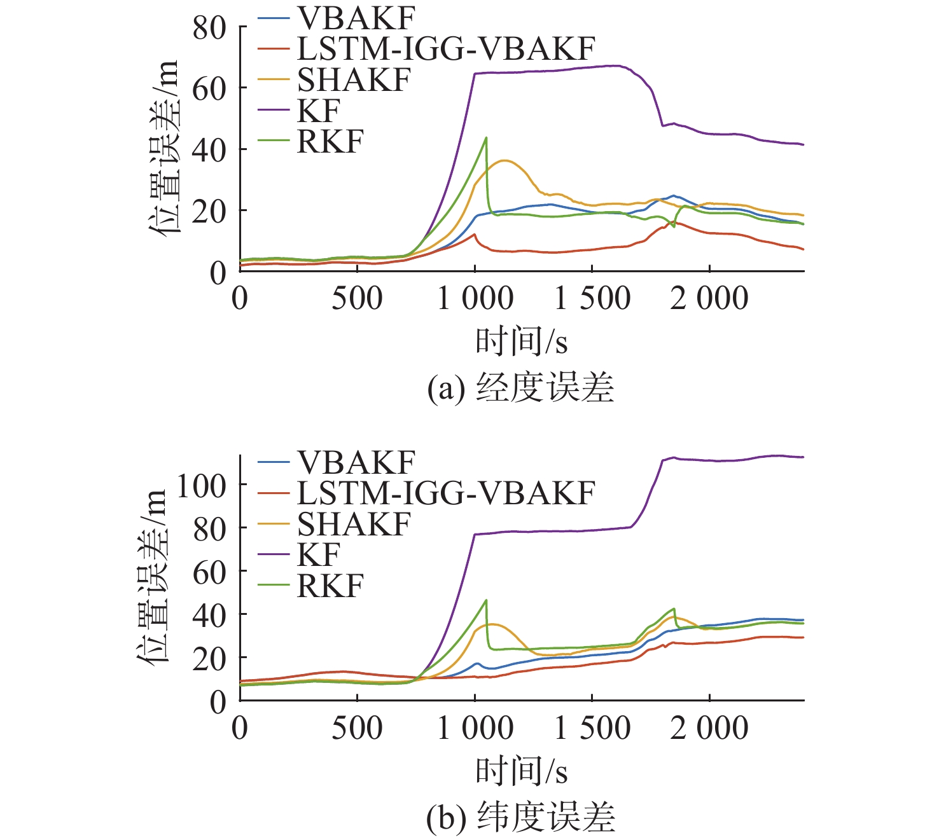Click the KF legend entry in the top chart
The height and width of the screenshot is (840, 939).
point(319,111)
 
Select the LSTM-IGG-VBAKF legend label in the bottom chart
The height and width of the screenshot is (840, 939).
point(446,493)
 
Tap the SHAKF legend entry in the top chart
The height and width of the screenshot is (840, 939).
point(354,80)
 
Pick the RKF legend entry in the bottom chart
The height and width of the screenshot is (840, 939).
point(330,586)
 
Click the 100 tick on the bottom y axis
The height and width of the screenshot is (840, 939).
point(202,486)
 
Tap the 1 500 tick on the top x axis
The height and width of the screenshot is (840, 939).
point(592,298)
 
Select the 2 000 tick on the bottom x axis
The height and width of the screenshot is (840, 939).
point(709,728)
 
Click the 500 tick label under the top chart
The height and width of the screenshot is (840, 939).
point(357,298)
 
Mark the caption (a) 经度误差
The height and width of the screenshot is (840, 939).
point(520,387)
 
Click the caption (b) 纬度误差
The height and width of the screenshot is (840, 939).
point(520,818)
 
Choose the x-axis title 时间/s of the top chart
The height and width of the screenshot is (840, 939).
point(521,341)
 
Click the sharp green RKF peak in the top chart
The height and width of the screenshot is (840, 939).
point(486,137)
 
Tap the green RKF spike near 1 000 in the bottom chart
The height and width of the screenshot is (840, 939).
point(486,600)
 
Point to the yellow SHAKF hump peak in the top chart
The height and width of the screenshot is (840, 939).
point(505,160)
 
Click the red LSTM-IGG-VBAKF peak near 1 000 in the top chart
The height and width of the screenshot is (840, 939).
point(474,234)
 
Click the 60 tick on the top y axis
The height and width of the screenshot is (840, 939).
point(210,89)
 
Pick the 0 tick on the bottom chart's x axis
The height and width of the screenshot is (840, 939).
point(240,728)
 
